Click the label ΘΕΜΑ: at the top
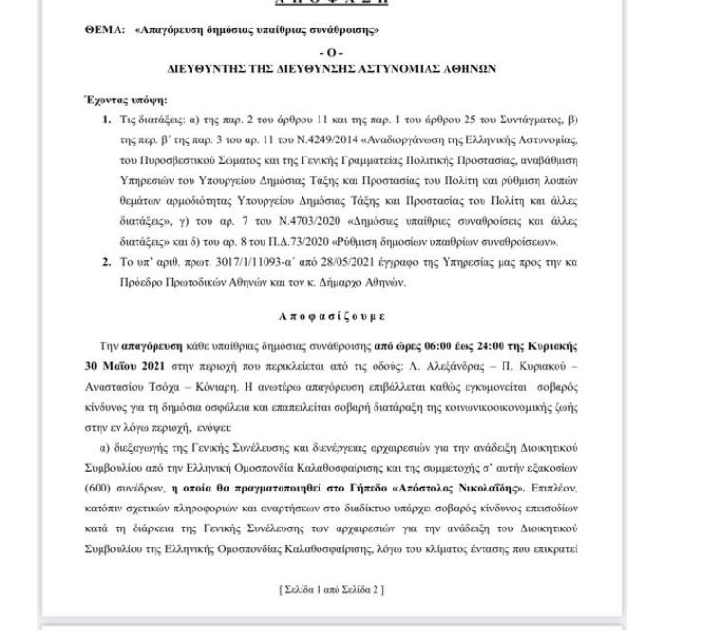104,31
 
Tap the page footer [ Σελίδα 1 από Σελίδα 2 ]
331,590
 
